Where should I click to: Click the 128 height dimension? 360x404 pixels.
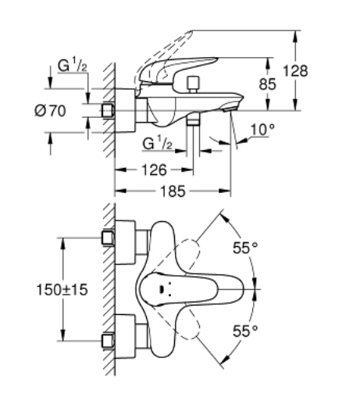pyautogui.click(x=295, y=71)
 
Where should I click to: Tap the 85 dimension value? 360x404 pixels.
pyautogui.click(x=267, y=84)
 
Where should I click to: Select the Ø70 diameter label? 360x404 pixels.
pyautogui.click(x=50, y=111)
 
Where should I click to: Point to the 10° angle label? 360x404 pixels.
pyautogui.click(x=262, y=129)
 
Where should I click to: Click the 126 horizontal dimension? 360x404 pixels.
pyautogui.click(x=154, y=170)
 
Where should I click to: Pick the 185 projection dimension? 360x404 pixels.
pyautogui.click(x=173, y=191)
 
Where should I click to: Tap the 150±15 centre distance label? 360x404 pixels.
pyautogui.click(x=62, y=290)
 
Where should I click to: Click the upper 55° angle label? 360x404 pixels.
pyautogui.click(x=245, y=248)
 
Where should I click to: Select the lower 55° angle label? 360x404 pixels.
pyautogui.click(x=245, y=331)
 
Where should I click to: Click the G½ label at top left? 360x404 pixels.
pyautogui.click(x=72, y=65)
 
